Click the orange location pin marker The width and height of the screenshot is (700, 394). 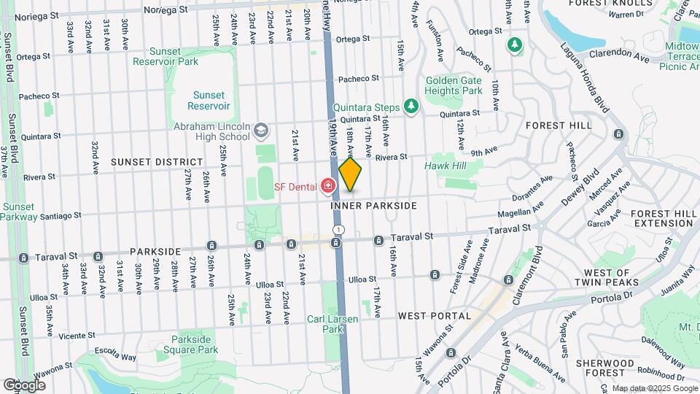(x=351, y=175)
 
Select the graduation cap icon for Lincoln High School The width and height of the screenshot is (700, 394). (x=261, y=131)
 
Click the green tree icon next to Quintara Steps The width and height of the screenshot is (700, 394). (x=412, y=107)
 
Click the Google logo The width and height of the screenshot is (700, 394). (x=24, y=385)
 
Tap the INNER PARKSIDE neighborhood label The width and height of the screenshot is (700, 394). (x=373, y=206)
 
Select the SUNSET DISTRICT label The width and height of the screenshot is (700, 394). (x=157, y=161)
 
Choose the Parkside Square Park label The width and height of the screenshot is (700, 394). (x=195, y=344)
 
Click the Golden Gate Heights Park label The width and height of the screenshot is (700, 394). (x=453, y=85)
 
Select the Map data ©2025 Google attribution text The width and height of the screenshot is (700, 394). (x=653, y=388)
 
